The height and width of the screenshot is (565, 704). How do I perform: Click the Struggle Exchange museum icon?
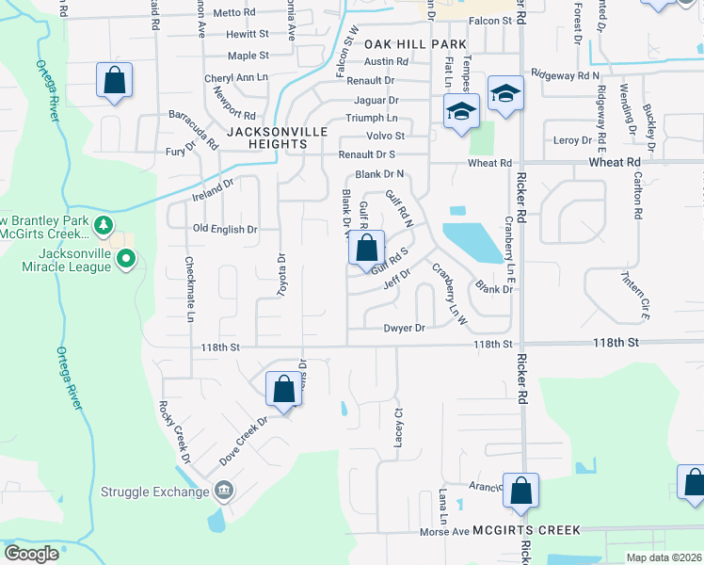tap(224, 491)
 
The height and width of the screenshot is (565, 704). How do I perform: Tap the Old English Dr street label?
tap(225, 229)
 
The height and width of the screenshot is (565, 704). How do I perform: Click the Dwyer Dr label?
tap(405, 328)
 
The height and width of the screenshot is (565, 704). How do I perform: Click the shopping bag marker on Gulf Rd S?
tap(367, 250)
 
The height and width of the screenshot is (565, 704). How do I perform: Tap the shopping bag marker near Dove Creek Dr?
tap(284, 390)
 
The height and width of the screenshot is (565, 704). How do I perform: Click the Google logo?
tap(32, 554)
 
